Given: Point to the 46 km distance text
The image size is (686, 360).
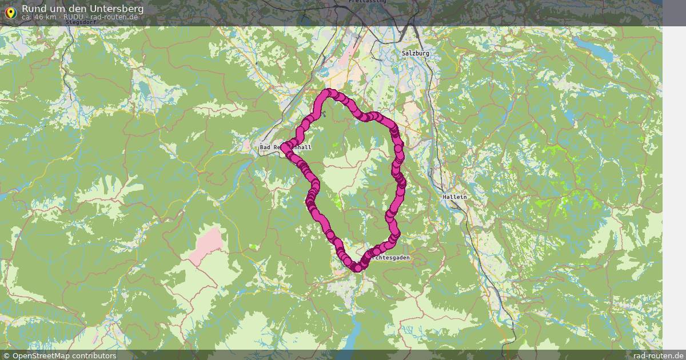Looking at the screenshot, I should (x=39, y=17).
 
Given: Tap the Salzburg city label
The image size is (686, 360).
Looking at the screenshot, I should (x=415, y=53).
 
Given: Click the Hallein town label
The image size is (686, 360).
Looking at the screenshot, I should (x=454, y=197).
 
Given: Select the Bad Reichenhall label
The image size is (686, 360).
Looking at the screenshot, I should (x=285, y=147).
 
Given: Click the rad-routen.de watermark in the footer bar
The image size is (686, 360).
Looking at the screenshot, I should (x=658, y=355).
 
